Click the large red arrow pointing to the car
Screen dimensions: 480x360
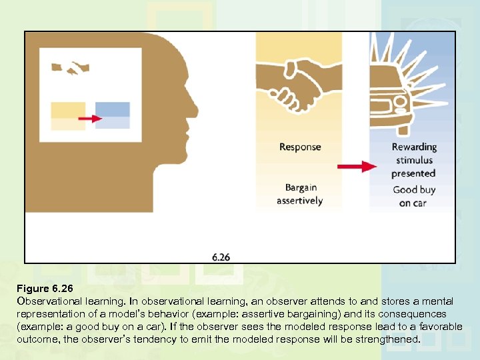click(357, 166)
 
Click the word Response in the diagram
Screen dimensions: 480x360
click(299, 147)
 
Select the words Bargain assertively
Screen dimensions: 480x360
click(299, 194)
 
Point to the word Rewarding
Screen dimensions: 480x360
click(414, 147)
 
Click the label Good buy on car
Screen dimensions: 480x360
click(414, 196)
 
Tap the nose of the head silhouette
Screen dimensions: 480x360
click(195, 107)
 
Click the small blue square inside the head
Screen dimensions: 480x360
click(112, 110)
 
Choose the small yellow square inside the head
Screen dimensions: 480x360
click(68, 110)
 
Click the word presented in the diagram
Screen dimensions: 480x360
click(414, 173)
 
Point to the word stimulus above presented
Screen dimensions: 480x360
click(414, 160)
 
